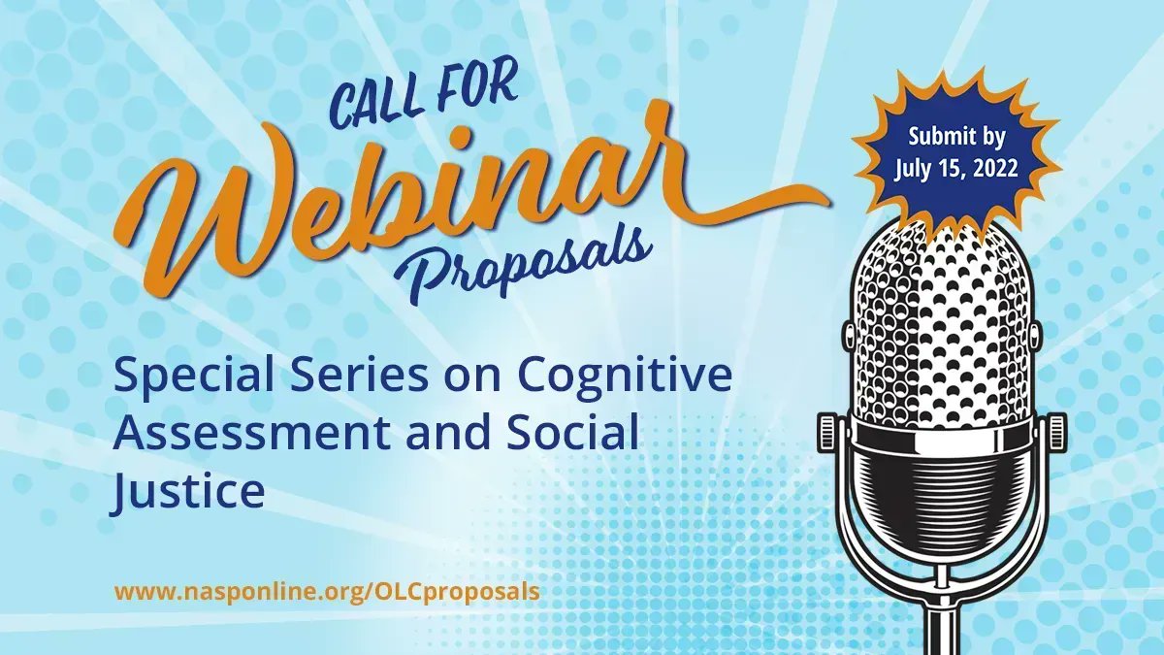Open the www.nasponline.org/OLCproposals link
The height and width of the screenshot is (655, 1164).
pos(327,591)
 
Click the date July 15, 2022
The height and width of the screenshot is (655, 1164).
pos(955,168)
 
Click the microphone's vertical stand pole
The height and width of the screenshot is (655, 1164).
pos(940,621)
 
